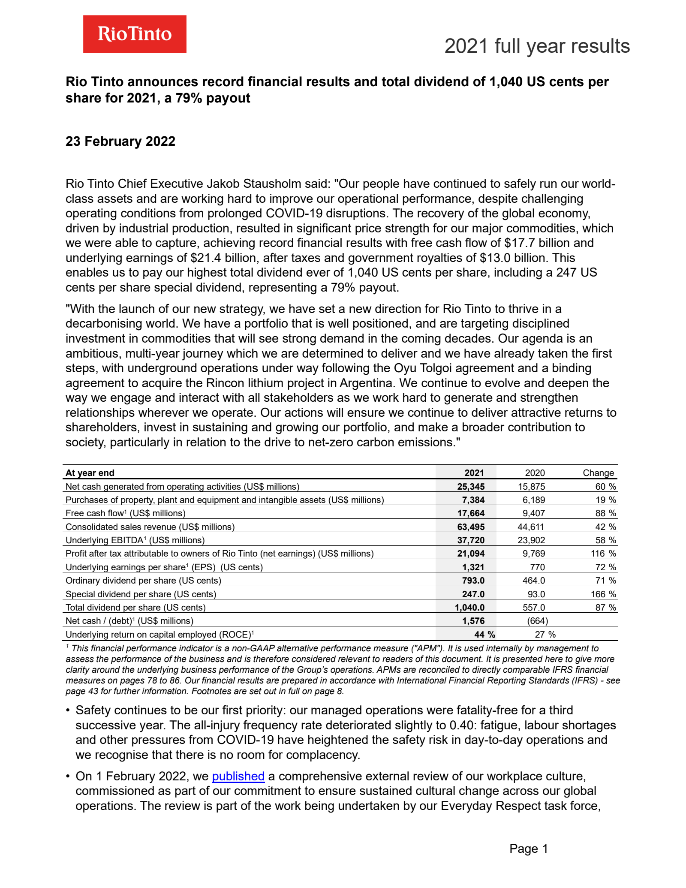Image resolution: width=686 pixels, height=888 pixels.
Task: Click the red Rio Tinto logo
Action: coord(135,34)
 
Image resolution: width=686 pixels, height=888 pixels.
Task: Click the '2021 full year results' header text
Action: coord(537,46)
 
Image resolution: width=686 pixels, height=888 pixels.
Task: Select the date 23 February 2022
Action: coord(120,141)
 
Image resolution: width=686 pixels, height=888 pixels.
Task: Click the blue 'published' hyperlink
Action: coord(238,776)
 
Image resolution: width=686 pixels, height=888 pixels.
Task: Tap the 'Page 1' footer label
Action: coord(529,849)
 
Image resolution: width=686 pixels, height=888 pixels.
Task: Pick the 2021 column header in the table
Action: coord(474,473)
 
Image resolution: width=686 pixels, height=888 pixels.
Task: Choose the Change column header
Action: coord(598,473)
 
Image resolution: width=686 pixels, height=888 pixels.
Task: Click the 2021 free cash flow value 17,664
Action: coord(471,513)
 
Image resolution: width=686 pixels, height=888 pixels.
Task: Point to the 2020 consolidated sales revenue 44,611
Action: coord(531,527)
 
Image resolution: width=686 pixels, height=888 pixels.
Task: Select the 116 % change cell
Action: coord(603,554)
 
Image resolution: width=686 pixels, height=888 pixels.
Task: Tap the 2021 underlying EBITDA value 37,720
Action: coord(471,540)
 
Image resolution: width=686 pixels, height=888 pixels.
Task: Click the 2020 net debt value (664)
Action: coord(537,621)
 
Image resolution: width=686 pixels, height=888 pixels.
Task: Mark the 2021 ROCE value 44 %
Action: coord(484,635)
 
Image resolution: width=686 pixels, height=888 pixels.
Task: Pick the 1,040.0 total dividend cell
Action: coord(469,608)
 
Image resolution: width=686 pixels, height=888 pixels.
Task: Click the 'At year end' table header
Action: coord(90,473)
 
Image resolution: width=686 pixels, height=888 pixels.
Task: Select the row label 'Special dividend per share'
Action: coord(141,594)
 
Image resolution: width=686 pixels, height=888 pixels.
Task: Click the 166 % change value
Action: coord(603,594)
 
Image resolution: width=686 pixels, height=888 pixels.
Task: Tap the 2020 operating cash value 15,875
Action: coord(531,487)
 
